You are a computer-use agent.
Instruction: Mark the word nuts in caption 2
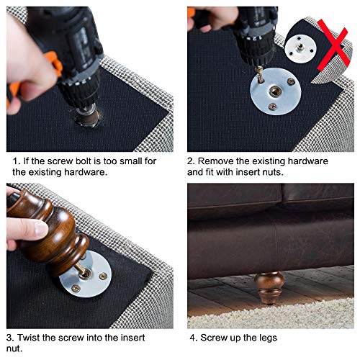(315, 173)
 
